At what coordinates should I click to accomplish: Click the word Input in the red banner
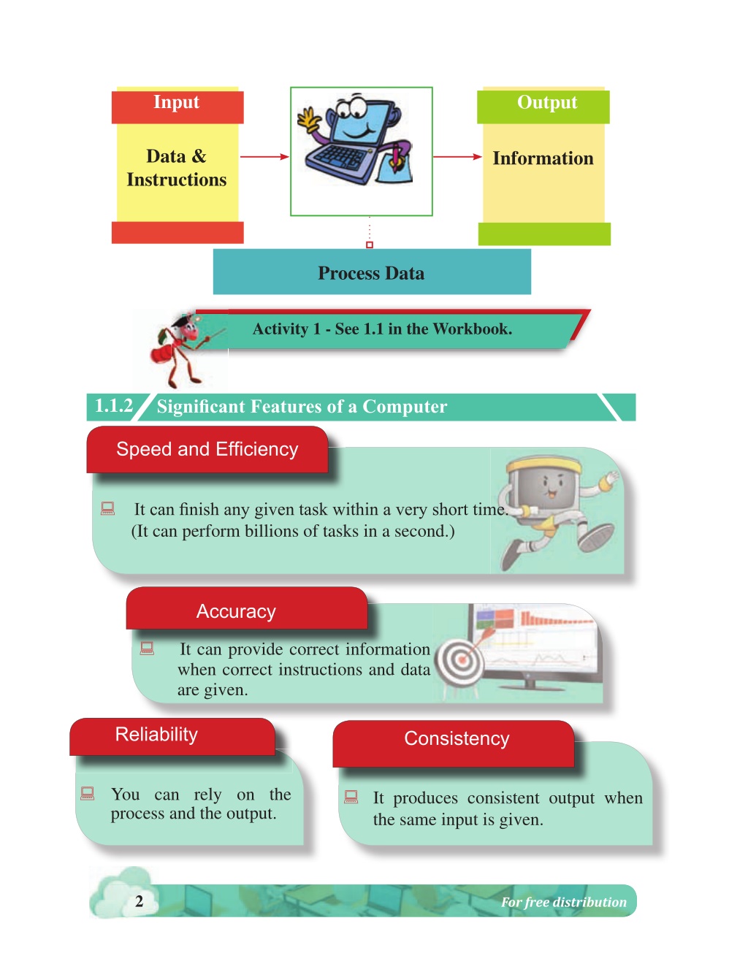pos(176,102)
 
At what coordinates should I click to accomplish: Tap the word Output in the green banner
pos(546,102)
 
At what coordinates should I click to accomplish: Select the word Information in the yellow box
pos(543,158)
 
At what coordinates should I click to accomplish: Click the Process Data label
pos(371,273)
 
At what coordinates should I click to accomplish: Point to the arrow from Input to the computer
pos(264,156)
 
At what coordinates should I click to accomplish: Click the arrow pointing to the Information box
pos(457,156)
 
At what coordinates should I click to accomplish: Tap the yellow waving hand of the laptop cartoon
pos(308,119)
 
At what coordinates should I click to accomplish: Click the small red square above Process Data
pos(369,245)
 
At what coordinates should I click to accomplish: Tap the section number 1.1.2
pos(114,406)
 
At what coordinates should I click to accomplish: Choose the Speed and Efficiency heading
pos(207,449)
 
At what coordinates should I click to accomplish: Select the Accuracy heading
pos(236,611)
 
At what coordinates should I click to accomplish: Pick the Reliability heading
pos(156,734)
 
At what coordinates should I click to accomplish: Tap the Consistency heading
pos(457,738)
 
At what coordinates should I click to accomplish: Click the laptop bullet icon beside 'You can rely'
pos(87,793)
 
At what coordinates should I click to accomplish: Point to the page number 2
pos(139,901)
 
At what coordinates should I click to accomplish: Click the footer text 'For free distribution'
pos(564,902)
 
